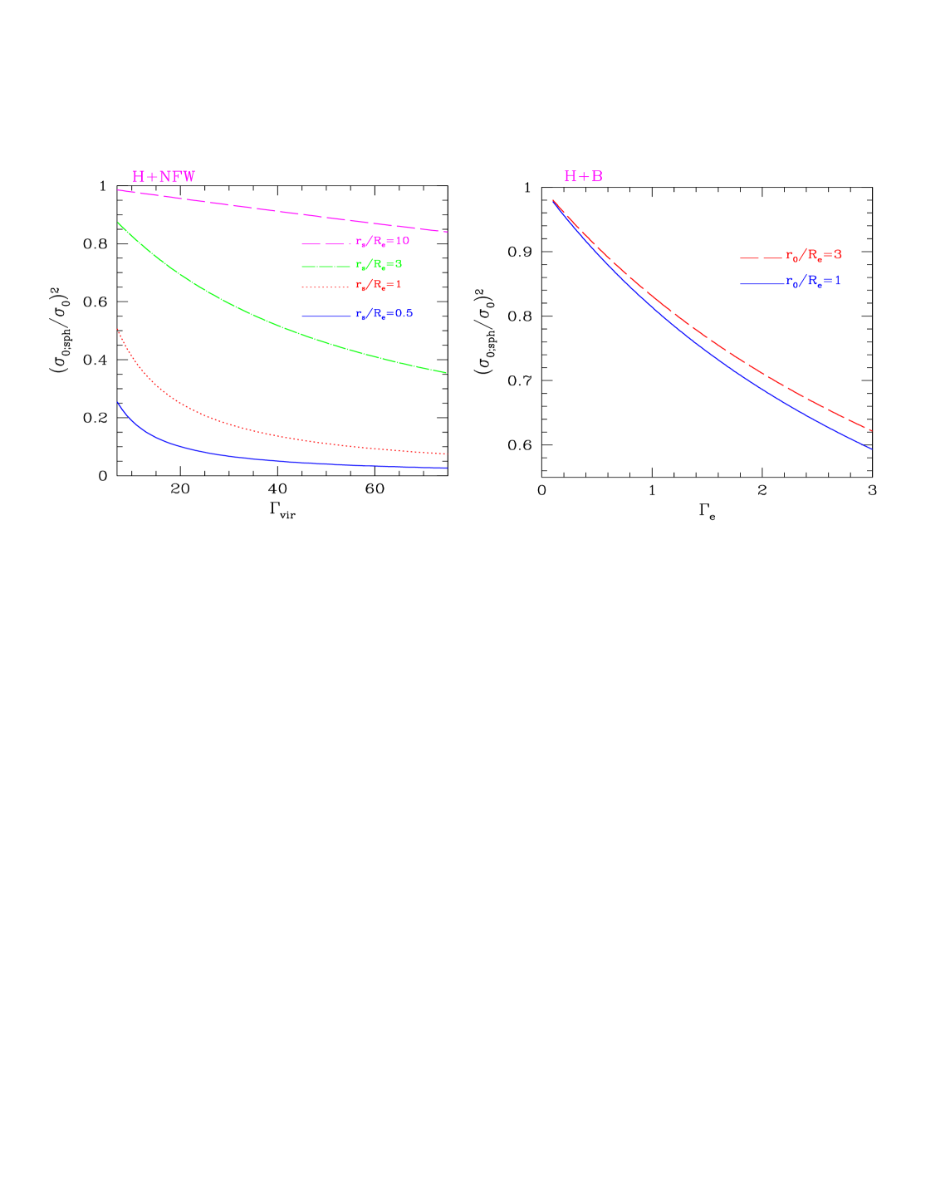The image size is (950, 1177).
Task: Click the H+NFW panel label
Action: click(164, 177)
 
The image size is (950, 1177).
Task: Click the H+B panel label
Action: click(583, 177)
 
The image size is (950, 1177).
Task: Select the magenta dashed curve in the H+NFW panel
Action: click(282, 211)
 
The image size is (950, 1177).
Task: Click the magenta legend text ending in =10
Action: click(383, 242)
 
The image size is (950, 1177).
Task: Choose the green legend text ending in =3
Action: click(379, 264)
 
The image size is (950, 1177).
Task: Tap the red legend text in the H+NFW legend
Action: click(379, 285)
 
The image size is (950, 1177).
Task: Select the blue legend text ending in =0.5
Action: click(384, 314)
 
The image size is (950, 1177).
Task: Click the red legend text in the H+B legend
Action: click(814, 255)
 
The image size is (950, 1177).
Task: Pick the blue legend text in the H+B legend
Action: click(813, 282)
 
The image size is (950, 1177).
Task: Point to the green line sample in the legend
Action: click(326, 266)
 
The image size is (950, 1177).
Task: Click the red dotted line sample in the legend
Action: click(326, 287)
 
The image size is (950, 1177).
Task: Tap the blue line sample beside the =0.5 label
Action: click(326, 316)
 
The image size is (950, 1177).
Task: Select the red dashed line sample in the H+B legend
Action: click(761, 258)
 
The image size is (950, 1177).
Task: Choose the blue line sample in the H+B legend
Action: click(761, 285)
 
